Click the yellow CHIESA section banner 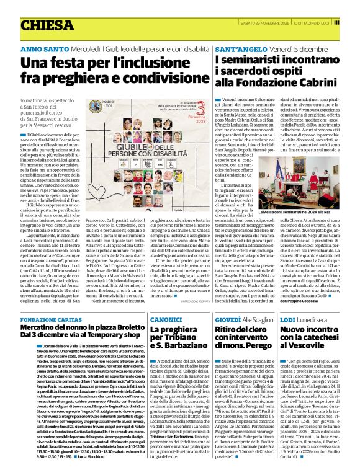click(x=47, y=25)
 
